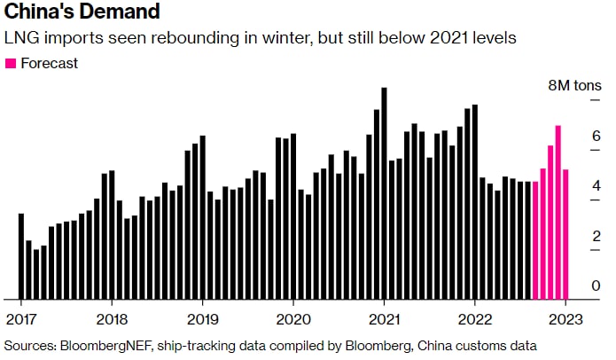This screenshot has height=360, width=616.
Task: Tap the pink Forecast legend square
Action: pos(12,64)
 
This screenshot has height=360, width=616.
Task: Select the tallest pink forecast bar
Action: pos(558,213)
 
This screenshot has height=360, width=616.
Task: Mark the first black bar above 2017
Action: pos(21,256)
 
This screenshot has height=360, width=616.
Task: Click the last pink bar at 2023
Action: pos(565,234)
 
